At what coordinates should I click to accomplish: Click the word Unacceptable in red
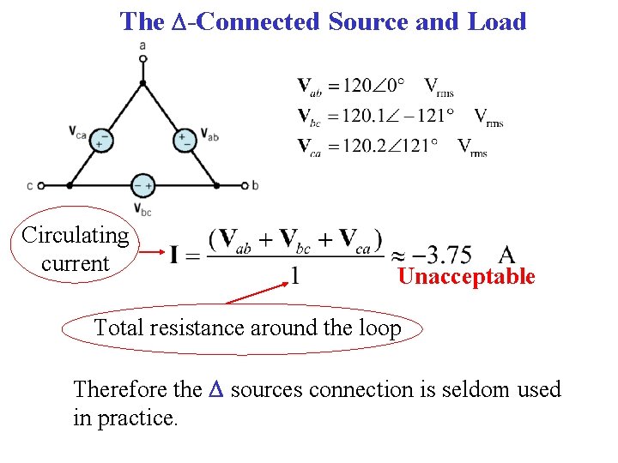(x=466, y=277)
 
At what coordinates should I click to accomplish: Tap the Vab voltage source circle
(x=184, y=138)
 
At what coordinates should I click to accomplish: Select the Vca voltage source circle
(x=102, y=138)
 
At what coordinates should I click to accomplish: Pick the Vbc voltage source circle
(x=142, y=185)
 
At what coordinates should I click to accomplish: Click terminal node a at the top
(x=142, y=58)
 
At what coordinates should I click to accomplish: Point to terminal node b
(x=245, y=185)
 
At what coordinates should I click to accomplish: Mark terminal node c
(x=40, y=185)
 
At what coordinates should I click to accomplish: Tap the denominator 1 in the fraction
(x=294, y=276)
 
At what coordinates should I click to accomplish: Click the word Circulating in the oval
(x=76, y=235)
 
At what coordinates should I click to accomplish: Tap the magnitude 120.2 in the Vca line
(x=360, y=146)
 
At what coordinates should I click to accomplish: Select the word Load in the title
(x=497, y=21)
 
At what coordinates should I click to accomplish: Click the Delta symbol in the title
(x=178, y=22)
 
